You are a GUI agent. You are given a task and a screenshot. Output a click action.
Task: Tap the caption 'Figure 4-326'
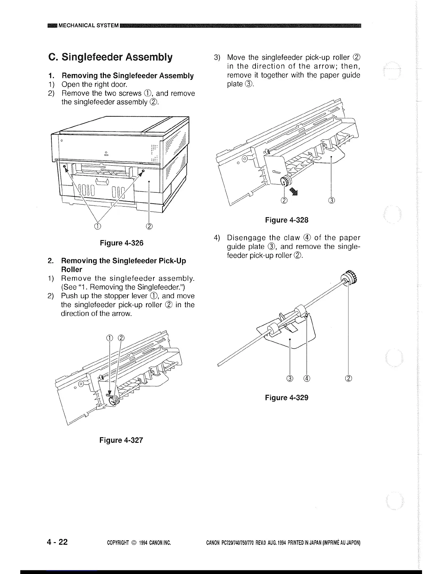(122, 243)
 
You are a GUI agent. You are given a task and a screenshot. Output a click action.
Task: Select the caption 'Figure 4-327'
(121, 440)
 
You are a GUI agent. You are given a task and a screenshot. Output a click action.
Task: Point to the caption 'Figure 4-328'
(287, 220)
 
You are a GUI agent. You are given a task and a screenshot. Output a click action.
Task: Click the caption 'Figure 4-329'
(287, 398)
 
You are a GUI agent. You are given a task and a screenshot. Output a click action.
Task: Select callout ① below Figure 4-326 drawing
(98, 226)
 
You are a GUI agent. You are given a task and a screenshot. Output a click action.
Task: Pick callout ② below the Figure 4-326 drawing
(149, 226)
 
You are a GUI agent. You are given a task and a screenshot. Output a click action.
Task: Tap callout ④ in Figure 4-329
(307, 379)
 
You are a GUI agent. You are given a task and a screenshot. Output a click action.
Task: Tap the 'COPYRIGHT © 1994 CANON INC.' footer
(139, 543)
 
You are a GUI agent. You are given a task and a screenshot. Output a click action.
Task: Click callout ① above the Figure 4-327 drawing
(110, 338)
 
